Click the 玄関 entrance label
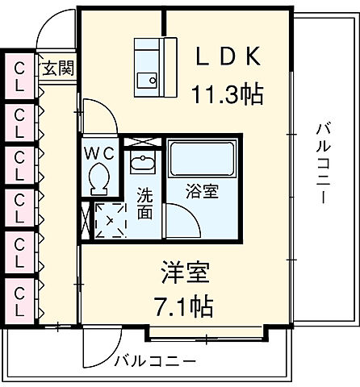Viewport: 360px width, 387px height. point(58,68)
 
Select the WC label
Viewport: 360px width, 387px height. point(100,152)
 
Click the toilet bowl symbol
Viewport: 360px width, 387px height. point(101,178)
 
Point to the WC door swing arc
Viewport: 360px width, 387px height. point(92,119)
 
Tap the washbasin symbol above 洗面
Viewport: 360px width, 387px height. point(144,160)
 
